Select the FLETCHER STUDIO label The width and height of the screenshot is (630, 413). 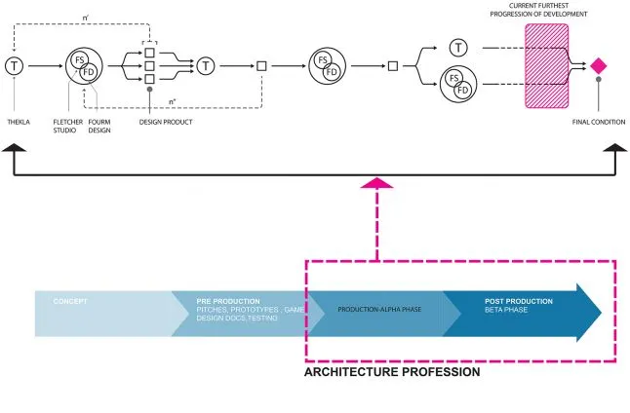pos(67,127)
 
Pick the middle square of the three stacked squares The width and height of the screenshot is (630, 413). pos(150,65)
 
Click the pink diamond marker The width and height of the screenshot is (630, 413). pos(599,65)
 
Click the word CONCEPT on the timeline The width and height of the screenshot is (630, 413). pos(70,301)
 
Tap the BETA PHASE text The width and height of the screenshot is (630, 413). pos(506,310)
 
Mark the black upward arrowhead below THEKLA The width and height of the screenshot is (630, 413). pos(16,149)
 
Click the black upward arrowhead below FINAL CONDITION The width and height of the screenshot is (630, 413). pos(614,149)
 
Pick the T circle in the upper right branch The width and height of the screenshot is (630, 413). pos(458,48)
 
